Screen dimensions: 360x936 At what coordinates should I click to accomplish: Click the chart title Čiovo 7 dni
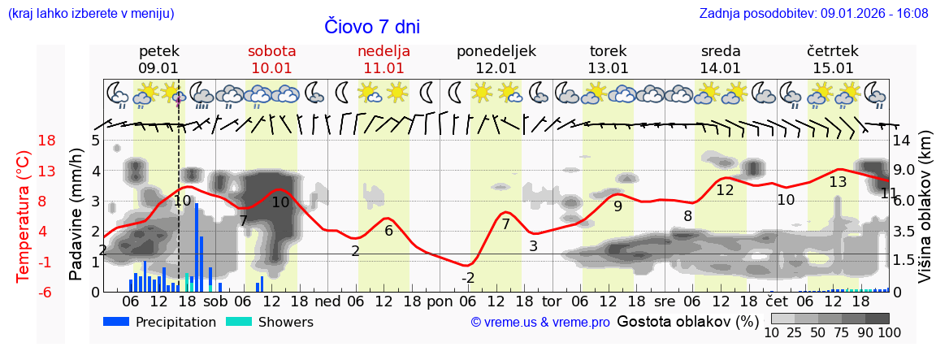372,26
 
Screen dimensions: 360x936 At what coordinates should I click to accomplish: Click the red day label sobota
271,51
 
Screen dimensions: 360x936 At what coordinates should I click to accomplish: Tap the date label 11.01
383,68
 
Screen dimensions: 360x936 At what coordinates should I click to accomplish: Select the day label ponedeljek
496,51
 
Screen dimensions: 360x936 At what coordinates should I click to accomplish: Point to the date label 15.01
833,68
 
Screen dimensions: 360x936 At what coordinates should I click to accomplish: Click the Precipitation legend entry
160,322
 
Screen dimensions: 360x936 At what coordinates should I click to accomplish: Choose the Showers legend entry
269,322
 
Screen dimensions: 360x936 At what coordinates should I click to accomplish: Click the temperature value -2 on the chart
468,278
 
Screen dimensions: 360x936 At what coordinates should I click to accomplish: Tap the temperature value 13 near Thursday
838,182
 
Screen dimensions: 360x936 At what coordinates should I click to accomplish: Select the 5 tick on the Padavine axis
95,141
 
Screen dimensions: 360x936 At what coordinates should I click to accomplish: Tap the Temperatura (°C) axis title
23,216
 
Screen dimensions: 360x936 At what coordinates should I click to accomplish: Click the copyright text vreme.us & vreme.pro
540,323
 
